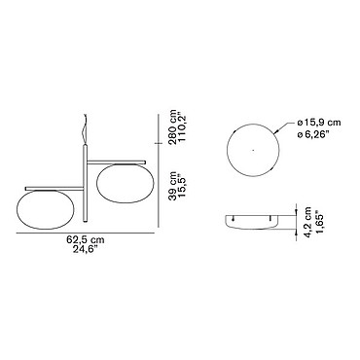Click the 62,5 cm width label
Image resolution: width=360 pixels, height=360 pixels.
[x=86, y=240]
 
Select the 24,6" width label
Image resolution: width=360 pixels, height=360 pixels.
[x=86, y=250]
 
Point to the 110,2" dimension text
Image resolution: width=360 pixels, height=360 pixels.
[x=184, y=126]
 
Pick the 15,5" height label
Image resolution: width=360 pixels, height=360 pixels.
[x=183, y=186]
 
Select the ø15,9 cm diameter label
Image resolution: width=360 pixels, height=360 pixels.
[x=319, y=123]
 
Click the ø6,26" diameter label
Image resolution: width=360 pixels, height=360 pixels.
[x=313, y=133]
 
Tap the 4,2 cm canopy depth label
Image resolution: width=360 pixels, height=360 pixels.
[x=307, y=222]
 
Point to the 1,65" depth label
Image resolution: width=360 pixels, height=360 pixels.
[x=318, y=224]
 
